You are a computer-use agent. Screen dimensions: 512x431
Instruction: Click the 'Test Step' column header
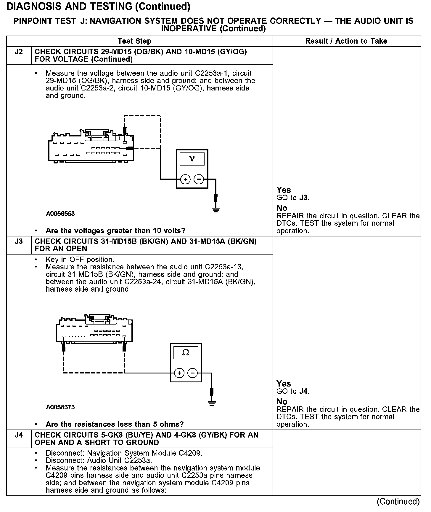[134, 41]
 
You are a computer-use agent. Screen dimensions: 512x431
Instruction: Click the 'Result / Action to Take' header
[346, 41]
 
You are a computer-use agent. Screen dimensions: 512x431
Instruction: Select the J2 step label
[19, 52]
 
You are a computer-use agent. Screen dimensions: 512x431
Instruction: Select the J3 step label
[19, 241]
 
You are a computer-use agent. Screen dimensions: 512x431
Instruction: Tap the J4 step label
[19, 435]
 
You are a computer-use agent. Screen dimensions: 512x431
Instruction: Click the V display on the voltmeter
[192, 159]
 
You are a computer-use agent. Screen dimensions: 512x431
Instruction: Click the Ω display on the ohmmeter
[186, 352]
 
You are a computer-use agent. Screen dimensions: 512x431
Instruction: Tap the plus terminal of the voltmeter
[185, 179]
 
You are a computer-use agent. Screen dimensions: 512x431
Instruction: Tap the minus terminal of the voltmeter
[199, 179]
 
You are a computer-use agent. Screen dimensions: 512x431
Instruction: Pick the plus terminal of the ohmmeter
[179, 373]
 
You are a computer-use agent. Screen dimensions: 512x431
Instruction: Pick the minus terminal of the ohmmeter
[192, 373]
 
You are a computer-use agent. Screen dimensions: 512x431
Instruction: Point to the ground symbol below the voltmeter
[216, 210]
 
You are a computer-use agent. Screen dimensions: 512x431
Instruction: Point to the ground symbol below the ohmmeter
[211, 403]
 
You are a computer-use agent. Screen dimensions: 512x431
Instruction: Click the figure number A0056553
[60, 214]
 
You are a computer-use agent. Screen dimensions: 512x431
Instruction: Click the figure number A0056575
[60, 407]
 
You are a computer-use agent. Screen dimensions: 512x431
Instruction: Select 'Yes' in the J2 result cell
[284, 190]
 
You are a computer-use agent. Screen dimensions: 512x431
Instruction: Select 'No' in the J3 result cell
[282, 402]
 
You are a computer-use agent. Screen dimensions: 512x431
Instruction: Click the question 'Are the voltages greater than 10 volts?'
[115, 230]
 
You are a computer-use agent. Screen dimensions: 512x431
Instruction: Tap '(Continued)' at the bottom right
[398, 501]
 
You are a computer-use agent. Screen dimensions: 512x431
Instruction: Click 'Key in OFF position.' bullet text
[80, 260]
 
